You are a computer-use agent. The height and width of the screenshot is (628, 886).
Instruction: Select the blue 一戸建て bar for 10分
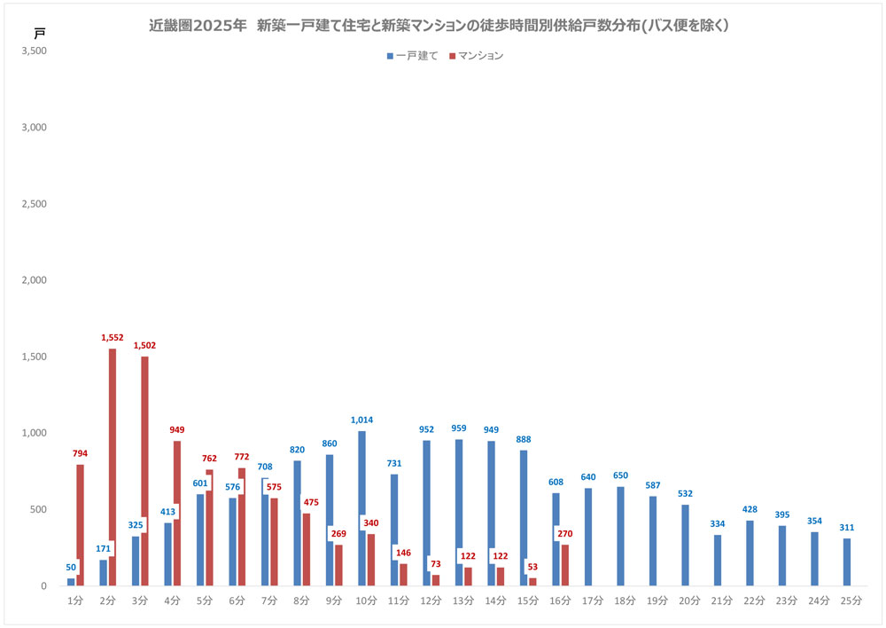(x=361, y=479)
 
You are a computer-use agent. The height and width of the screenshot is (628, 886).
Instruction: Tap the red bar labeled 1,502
(x=144, y=470)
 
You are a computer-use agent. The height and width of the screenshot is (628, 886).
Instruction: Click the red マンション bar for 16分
(x=565, y=568)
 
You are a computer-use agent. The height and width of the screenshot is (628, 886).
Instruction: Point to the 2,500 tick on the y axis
(x=34, y=204)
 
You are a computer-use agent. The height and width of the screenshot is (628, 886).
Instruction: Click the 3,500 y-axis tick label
(x=34, y=51)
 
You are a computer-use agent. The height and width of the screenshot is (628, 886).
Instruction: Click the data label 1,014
(x=361, y=420)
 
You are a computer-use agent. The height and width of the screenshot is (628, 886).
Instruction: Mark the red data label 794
(x=81, y=454)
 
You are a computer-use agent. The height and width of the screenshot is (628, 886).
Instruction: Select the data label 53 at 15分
(x=532, y=566)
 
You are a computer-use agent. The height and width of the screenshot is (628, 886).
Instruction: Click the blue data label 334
(x=718, y=524)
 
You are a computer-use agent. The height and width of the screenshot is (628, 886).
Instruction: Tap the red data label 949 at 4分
(x=177, y=430)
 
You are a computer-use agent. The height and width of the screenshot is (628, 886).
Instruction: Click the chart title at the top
(x=439, y=27)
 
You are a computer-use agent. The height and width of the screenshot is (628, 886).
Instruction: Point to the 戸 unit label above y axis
(x=39, y=32)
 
